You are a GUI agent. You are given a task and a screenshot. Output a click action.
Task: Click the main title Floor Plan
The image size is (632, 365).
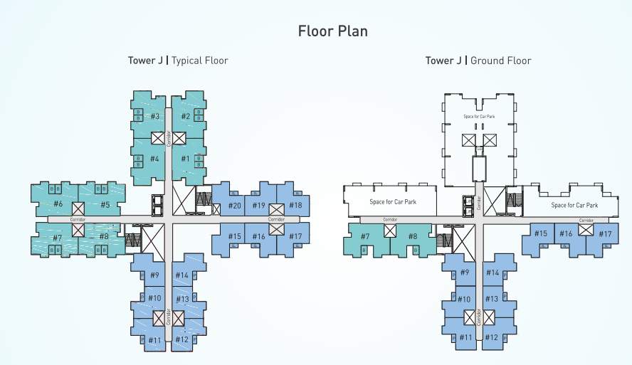click(332, 31)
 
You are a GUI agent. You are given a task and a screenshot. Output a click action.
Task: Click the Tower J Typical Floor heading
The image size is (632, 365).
click(178, 60)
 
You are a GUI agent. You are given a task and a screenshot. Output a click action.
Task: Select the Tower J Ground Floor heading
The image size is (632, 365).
click(478, 60)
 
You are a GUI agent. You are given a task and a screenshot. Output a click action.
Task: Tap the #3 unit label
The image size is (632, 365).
click(154, 116)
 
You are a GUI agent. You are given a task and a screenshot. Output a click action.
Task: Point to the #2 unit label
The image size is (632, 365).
click(185, 116)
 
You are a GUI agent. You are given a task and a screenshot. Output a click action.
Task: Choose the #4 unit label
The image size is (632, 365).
click(154, 159)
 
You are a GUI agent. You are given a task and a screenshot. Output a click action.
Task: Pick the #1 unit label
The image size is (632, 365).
click(185, 159)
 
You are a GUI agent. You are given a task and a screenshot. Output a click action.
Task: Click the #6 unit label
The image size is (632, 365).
click(58, 205)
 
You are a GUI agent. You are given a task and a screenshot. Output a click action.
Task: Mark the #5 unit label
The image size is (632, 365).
click(105, 205)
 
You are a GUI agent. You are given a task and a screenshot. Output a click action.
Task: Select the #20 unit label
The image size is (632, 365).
click(234, 206)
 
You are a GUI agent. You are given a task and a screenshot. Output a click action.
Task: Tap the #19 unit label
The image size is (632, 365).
click(258, 206)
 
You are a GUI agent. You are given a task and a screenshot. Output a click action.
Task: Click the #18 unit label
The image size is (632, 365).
click(295, 206)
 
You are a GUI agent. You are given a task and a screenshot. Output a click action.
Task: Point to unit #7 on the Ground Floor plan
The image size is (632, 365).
click(365, 236)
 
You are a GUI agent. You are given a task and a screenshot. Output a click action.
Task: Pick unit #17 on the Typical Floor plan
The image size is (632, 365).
click(295, 236)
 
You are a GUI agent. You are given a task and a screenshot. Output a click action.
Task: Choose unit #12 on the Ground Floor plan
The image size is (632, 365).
click(492, 337)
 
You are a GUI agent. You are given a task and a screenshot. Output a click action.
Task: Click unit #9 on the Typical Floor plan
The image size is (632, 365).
click(154, 275)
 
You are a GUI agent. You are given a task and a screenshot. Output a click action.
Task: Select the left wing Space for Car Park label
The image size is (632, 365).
click(392, 202)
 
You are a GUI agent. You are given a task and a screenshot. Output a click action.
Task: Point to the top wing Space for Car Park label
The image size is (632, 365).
click(478, 116)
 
